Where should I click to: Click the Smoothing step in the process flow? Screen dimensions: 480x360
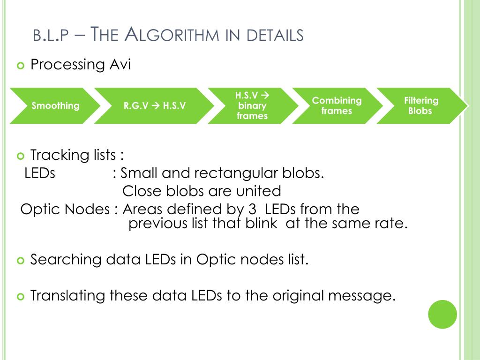[55, 106]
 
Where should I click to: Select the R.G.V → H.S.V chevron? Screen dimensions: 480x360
[154, 106]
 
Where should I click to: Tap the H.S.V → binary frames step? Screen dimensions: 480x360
[252, 106]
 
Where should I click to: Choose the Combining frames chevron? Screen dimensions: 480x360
[337, 106]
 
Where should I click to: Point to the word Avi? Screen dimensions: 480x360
[120, 65]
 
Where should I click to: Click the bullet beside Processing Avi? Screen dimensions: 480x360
[20, 66]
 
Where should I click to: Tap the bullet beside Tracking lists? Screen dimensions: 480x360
[20, 156]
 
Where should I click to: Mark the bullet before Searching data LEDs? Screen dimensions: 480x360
[20, 260]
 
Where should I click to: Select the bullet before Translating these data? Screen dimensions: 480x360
[20, 297]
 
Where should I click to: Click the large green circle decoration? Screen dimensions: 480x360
[442, 314]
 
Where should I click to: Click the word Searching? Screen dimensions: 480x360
[66, 260]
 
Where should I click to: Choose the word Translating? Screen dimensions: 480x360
[68, 296]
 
